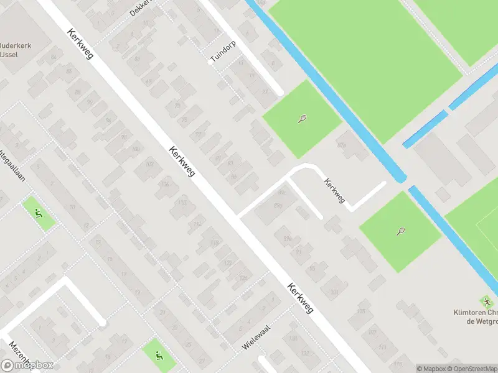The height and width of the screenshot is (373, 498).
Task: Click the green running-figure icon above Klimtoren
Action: (485, 301)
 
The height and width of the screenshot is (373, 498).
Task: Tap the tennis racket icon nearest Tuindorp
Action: (302, 118)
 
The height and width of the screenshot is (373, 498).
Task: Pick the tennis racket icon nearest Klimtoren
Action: (400, 231)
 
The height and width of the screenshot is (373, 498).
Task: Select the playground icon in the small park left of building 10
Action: (39, 213)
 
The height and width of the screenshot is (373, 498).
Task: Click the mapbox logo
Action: (27, 365)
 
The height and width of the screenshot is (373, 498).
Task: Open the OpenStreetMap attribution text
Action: (471, 369)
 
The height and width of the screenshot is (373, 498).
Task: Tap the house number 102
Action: (149, 164)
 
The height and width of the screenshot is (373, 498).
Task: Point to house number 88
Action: (78, 93)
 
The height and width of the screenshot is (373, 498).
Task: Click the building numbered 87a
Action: (287, 238)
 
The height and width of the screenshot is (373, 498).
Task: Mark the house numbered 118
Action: (215, 243)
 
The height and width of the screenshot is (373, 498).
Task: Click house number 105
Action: (362, 311)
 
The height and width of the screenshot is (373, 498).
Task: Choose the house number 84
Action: (54, 58)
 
